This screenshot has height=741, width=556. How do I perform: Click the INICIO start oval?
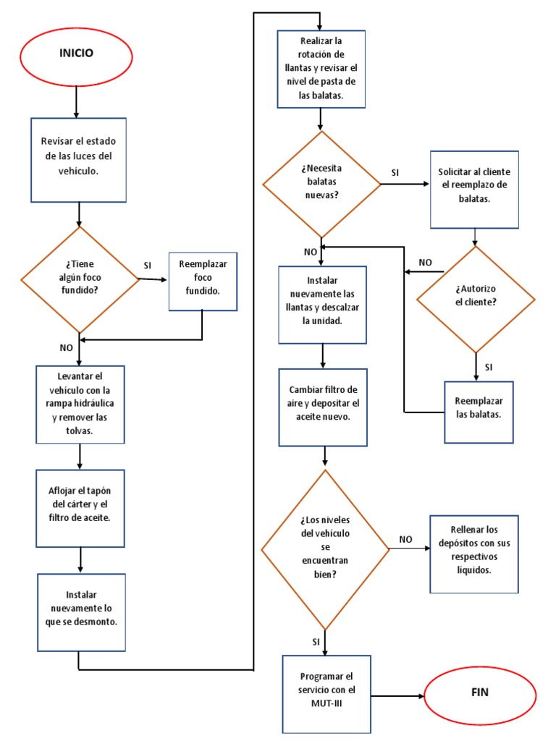pos(76,54)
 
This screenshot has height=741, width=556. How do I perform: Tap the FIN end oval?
pos(479,693)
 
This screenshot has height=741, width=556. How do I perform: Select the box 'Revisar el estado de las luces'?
pos(78,160)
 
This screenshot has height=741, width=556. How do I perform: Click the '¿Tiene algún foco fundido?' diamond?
pos(79,279)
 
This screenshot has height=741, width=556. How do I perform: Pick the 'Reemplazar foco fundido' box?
pos(203,281)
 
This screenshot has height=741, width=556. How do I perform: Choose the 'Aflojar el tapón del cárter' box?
pos(80,508)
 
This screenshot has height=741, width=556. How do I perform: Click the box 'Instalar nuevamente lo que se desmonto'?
pos(82,612)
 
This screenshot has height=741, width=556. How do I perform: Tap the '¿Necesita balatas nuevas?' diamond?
pos(321,184)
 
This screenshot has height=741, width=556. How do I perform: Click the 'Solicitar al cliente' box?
pos(474,189)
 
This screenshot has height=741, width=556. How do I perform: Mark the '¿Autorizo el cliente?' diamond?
pos(476,297)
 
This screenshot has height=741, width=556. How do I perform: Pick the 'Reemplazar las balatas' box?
pos(479,412)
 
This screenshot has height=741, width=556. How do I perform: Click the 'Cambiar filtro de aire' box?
pos(324,407)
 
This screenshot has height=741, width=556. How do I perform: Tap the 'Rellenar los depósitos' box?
pos(474,554)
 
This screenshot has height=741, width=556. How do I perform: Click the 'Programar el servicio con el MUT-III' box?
pos(326,693)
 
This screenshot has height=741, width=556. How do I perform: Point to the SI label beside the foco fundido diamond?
pos(148,266)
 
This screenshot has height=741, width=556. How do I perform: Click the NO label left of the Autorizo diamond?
pos(426,262)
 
